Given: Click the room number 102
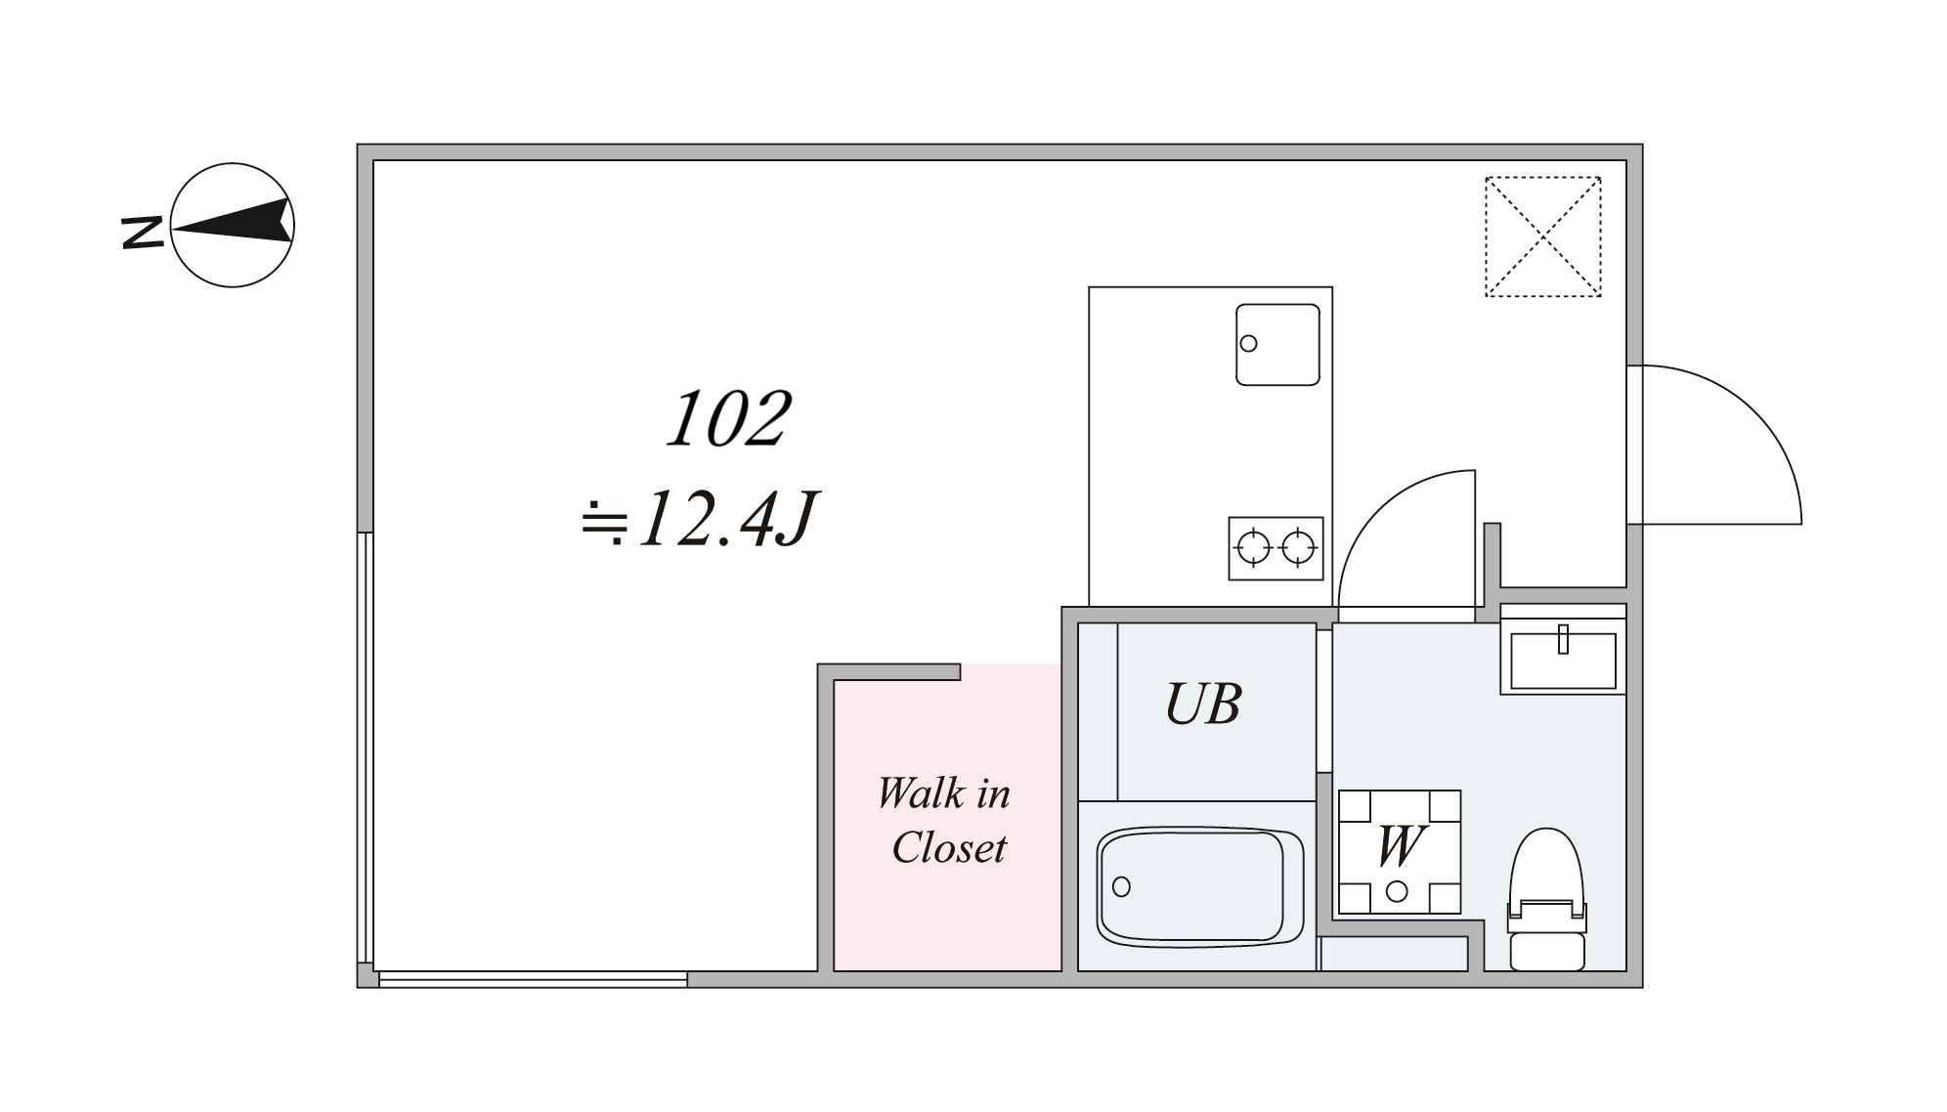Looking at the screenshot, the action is (728, 420).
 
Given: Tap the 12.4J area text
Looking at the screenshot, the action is (699, 519).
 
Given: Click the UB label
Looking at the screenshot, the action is (1203, 704).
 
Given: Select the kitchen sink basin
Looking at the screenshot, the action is (1277, 344).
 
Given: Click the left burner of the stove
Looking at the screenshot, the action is (1253, 548).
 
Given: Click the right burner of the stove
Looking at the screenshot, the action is (1298, 548).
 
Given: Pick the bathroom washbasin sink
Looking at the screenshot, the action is (1563, 661).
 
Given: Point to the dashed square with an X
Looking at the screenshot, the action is (1542, 236).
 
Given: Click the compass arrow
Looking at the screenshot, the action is (235, 224).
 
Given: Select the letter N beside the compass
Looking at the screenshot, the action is (142, 232).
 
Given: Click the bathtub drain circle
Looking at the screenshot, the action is (1121, 886).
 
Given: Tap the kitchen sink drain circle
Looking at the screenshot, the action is (1248, 343).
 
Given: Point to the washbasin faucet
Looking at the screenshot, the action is (1563, 639).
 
